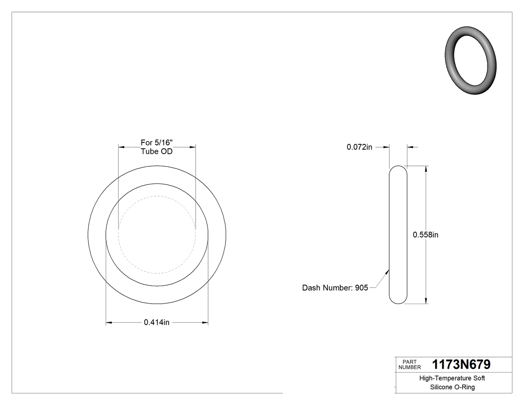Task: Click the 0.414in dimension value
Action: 157,323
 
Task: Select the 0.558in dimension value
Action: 425,235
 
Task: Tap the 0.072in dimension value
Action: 359,147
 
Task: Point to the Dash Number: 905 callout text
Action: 335,288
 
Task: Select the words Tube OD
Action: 156,151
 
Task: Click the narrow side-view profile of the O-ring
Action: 398,234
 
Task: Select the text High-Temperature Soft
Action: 452,379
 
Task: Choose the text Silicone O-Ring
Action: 452,388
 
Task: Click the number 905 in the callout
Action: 361,288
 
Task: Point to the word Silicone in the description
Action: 441,388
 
